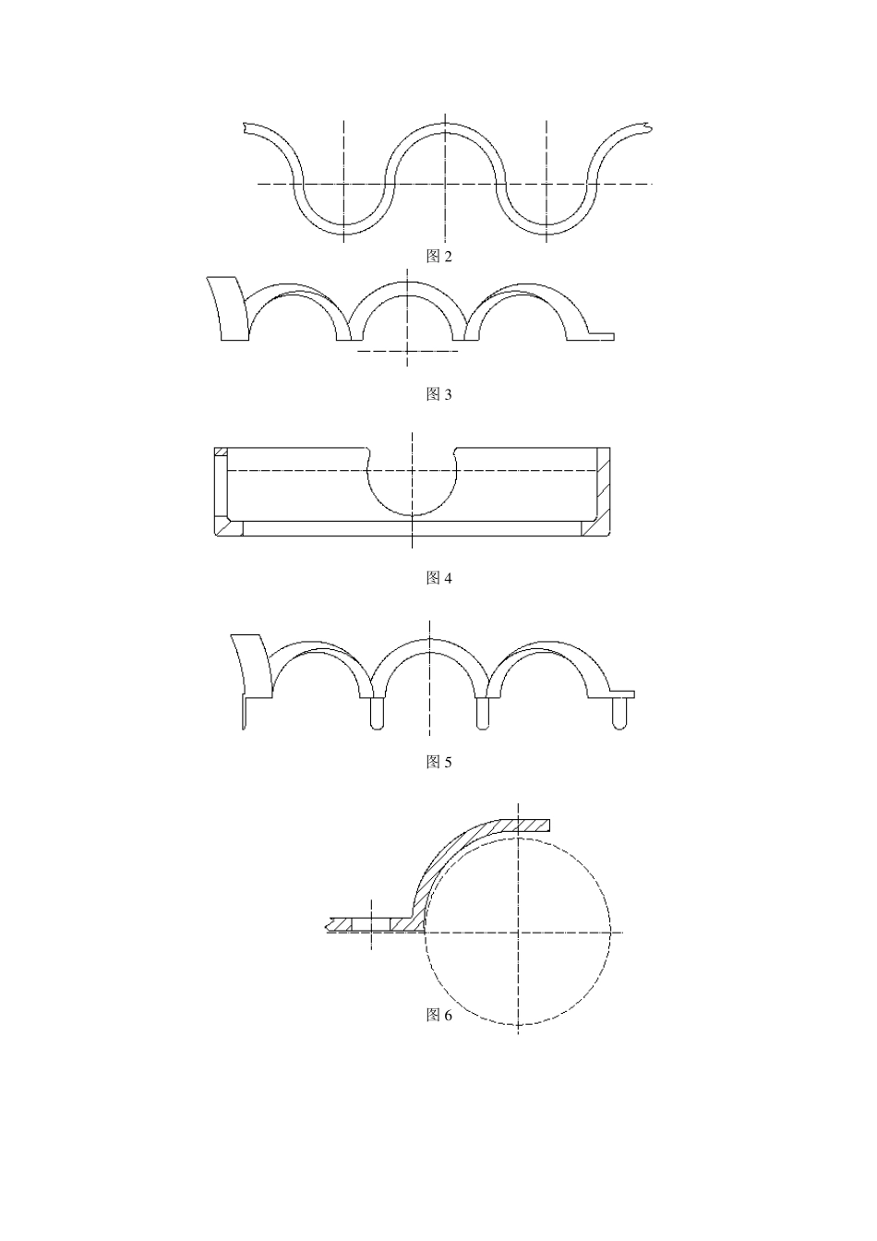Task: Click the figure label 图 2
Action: (x=438, y=257)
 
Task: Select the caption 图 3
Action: (x=438, y=394)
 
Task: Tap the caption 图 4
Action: (x=438, y=578)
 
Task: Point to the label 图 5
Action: (x=438, y=763)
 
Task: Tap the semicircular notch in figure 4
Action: (x=412, y=514)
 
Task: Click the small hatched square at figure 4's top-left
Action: (x=221, y=452)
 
